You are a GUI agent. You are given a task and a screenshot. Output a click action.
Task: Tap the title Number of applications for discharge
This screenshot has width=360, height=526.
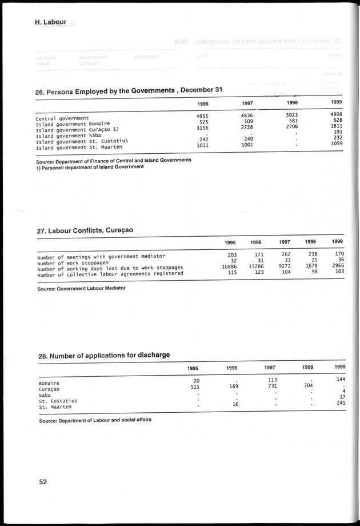[103, 356]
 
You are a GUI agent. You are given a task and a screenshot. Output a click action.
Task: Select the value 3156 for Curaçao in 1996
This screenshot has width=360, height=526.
[204, 127]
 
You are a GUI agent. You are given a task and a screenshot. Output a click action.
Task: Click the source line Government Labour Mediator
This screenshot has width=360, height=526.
[81, 288]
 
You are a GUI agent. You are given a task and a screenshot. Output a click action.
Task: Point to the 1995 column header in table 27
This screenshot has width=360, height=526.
[230, 242]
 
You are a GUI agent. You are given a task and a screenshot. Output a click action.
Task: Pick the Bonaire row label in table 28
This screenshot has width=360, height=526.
[50, 383]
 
